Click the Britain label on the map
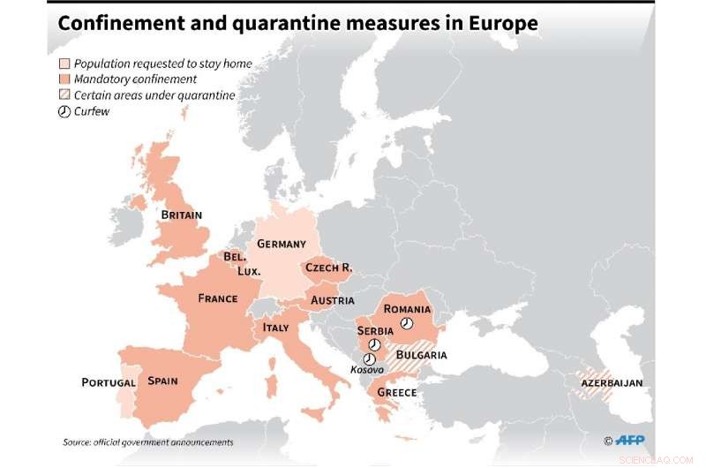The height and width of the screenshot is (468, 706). (x=181, y=215)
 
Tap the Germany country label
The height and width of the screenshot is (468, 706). (x=281, y=244)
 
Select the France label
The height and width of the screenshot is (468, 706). (x=217, y=298)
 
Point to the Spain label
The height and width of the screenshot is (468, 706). (x=163, y=381)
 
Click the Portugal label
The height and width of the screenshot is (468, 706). (x=109, y=382)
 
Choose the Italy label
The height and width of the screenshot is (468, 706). (x=275, y=328)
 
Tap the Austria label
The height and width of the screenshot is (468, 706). (x=332, y=300)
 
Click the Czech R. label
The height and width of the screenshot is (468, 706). (x=328, y=267)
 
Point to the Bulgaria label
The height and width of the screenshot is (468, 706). (x=421, y=355)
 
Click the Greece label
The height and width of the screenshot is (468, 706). (x=397, y=392)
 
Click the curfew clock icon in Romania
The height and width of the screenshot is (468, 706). (x=406, y=324)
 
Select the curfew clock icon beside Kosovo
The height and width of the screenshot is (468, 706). (x=369, y=359)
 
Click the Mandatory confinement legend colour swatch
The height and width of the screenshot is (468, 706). (x=64, y=79)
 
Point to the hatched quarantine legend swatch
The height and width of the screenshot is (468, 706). (x=64, y=95)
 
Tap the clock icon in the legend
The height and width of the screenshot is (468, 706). (x=64, y=111)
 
